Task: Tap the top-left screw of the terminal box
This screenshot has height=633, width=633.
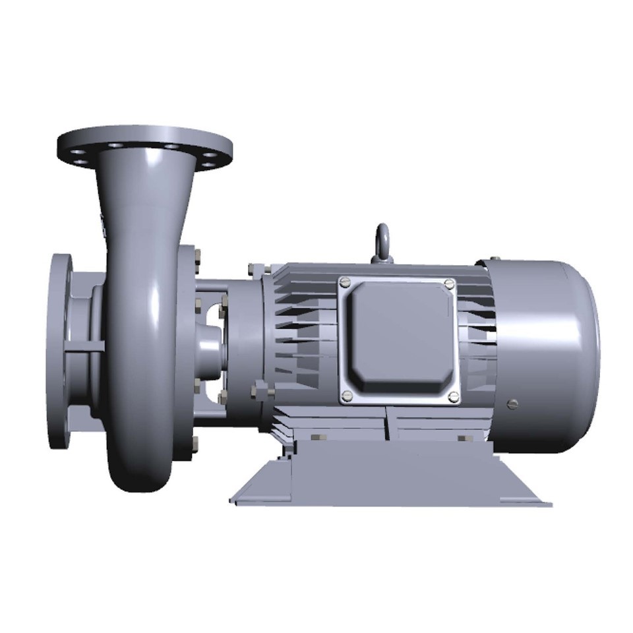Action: pyautogui.click(x=343, y=282)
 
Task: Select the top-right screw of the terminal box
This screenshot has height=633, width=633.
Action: pyautogui.click(x=450, y=284)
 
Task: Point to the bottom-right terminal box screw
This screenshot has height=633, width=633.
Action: pyautogui.click(x=452, y=396)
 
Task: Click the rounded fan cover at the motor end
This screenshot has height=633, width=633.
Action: pyautogui.click(x=547, y=356)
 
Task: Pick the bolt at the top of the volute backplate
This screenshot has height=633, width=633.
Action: pyautogui.click(x=196, y=263)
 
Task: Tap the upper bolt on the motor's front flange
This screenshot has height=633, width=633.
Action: pyautogui.click(x=252, y=269)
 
